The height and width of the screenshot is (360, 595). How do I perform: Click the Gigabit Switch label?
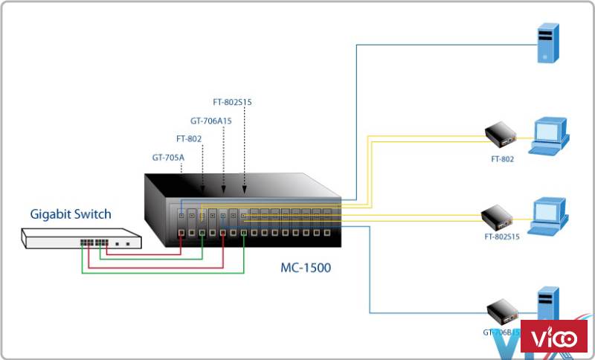[x=71, y=215]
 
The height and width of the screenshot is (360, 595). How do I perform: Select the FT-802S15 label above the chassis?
[x=233, y=103]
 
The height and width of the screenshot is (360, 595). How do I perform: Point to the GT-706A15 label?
[x=211, y=120]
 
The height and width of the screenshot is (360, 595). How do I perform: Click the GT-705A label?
[x=168, y=157]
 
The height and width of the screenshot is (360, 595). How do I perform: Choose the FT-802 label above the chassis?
[x=189, y=138]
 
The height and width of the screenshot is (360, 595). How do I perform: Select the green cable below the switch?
[x=164, y=272]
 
